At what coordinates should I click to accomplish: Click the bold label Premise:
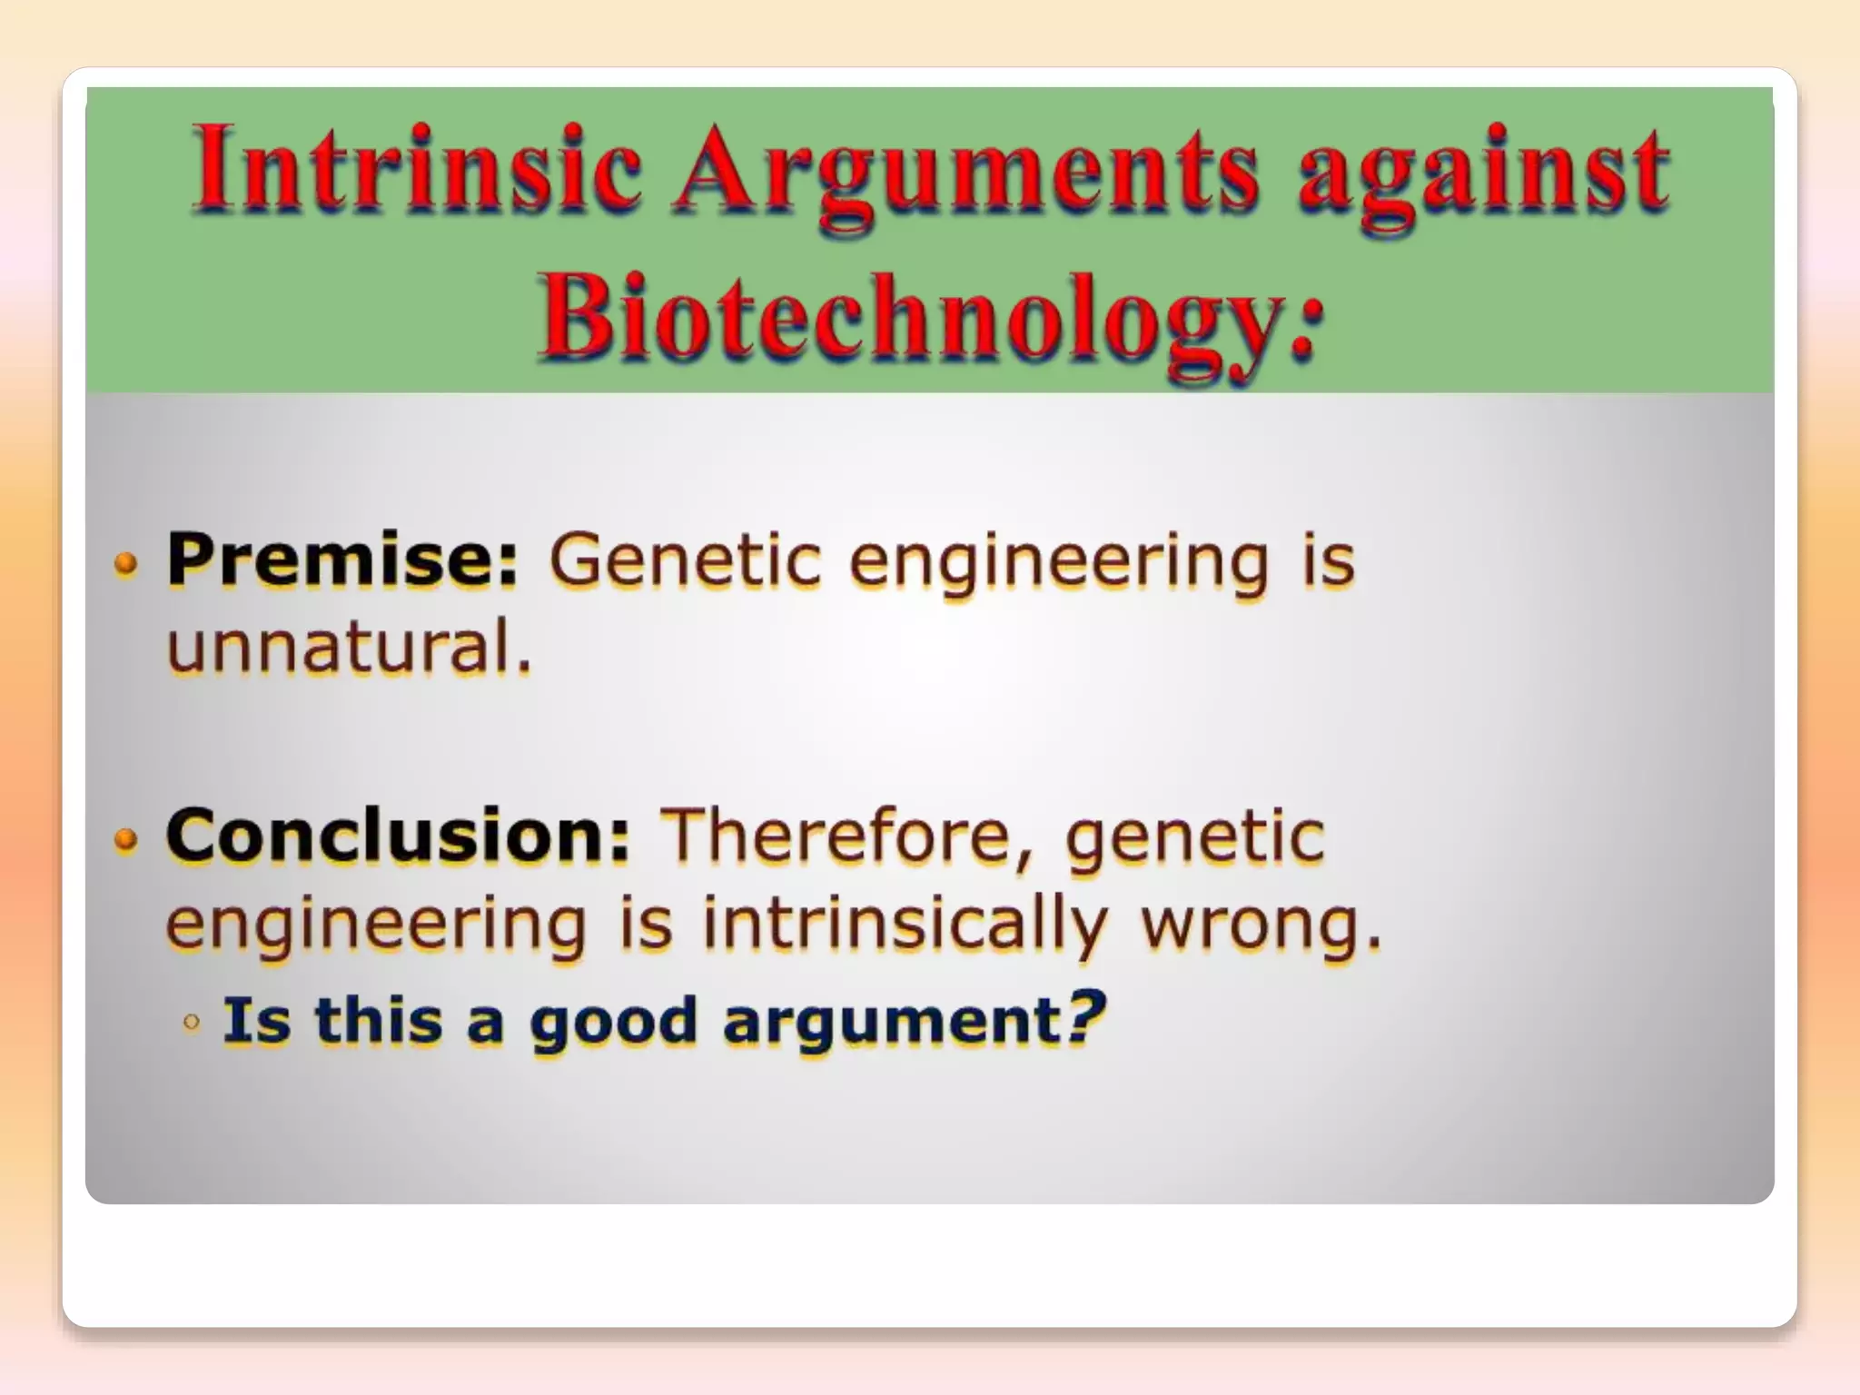(x=341, y=560)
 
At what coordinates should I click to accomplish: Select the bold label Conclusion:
(x=398, y=836)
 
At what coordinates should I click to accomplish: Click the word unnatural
(x=349, y=648)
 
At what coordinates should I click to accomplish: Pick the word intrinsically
(x=904, y=923)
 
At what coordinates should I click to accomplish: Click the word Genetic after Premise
(x=686, y=560)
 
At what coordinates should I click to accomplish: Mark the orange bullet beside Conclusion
(x=126, y=840)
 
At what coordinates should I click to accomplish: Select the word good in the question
(x=612, y=1022)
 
